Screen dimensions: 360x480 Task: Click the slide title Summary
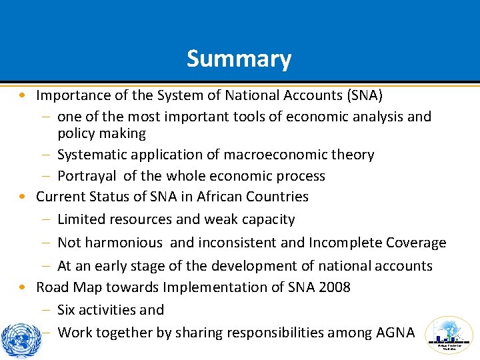pos(239,59)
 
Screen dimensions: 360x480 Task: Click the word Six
pos(67,310)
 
